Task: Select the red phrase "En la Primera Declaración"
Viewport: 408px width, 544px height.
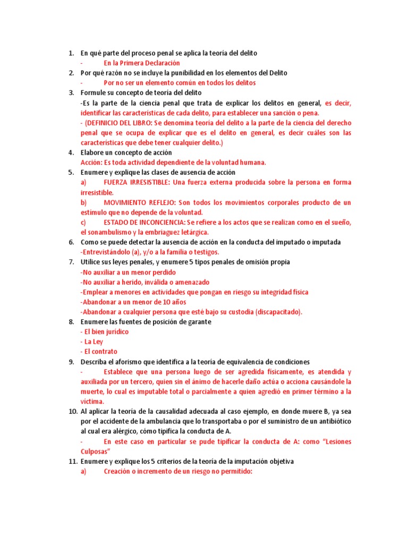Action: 142,63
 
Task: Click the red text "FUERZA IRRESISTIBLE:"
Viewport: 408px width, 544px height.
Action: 137,182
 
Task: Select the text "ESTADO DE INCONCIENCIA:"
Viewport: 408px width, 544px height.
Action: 145,222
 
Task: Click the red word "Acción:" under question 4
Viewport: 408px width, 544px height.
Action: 93,163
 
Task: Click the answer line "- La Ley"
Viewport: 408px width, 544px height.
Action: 91,342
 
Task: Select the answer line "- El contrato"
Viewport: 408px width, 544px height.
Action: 99,352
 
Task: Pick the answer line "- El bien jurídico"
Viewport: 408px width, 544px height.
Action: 105,331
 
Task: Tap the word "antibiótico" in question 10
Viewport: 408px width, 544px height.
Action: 331,421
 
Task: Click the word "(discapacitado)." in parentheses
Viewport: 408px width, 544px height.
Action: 277,312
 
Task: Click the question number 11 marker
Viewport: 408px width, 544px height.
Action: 72,461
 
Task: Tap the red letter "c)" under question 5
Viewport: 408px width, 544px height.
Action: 83,222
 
